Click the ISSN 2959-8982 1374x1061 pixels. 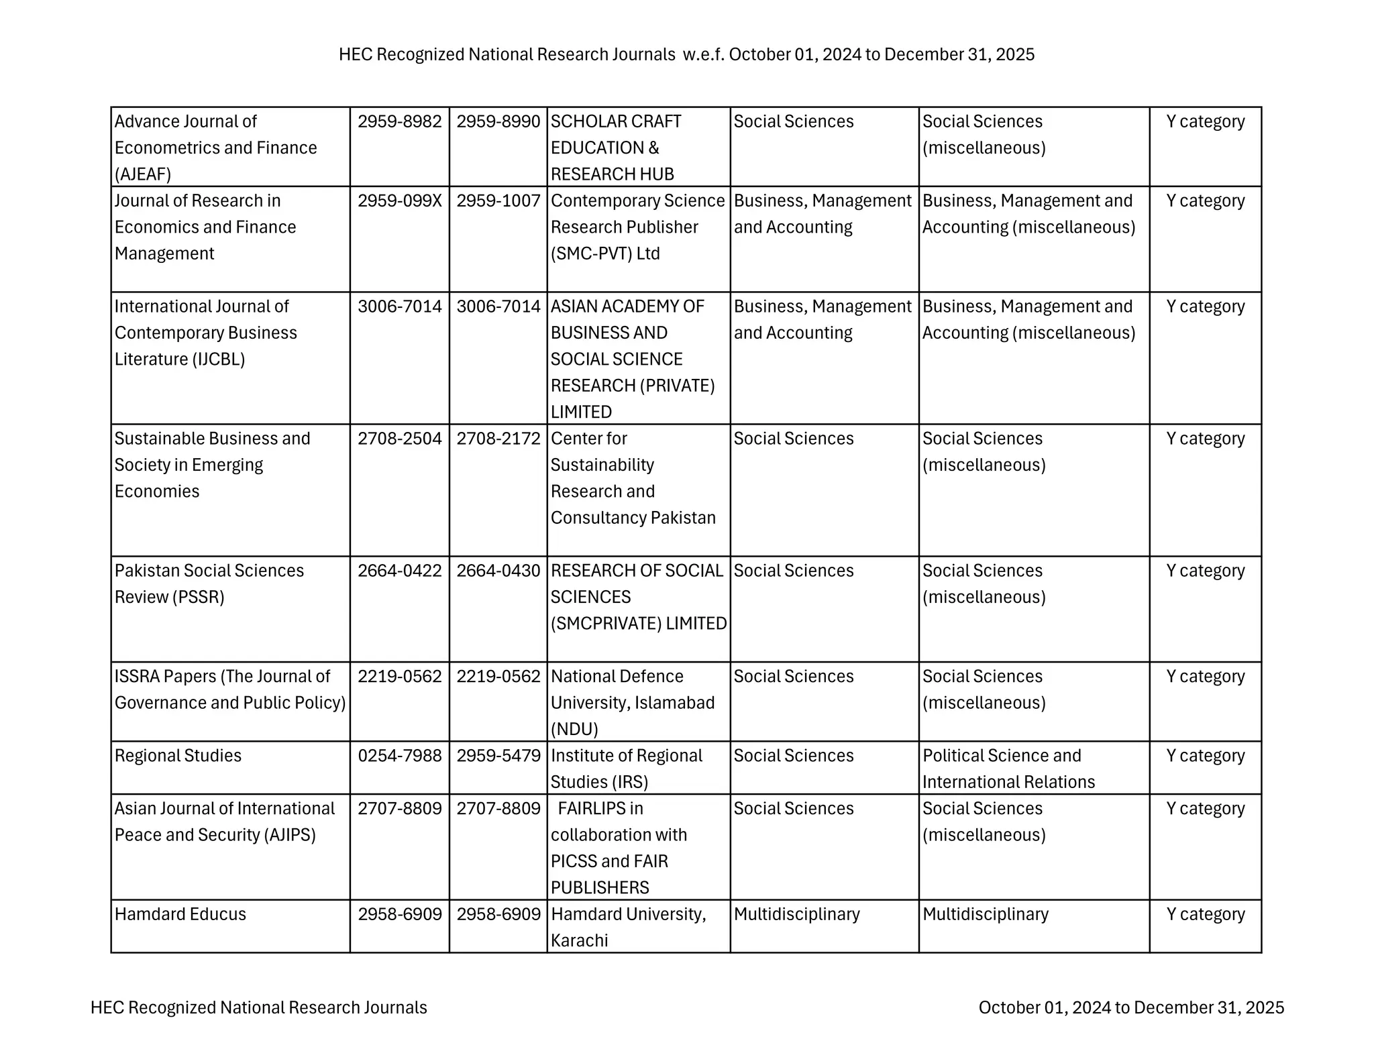(x=399, y=121)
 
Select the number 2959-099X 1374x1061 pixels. (x=399, y=201)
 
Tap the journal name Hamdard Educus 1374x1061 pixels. (x=180, y=914)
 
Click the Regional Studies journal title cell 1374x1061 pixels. (x=178, y=756)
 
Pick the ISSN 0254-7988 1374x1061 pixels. (x=399, y=756)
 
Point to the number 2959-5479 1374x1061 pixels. (x=498, y=756)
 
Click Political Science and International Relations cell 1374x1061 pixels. (x=1008, y=769)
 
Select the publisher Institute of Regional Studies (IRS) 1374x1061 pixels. (x=626, y=769)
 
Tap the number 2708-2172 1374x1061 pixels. (x=498, y=439)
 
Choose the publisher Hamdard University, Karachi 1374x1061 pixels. (x=628, y=927)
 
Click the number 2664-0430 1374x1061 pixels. (x=498, y=571)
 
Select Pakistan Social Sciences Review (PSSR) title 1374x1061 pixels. (x=209, y=583)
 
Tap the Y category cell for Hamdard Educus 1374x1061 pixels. (x=1205, y=914)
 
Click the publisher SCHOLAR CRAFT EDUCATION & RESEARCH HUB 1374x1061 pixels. (x=615, y=148)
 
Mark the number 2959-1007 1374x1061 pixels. (x=498, y=201)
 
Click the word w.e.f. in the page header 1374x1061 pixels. (x=703, y=54)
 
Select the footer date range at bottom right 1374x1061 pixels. (x=1131, y=1007)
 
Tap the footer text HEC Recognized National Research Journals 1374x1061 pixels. (x=258, y=1007)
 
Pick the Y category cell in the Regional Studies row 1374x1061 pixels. (x=1205, y=756)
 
